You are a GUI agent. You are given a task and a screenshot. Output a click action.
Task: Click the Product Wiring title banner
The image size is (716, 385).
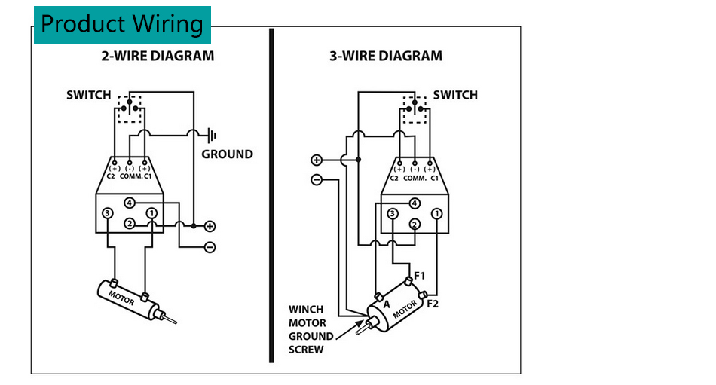pyautogui.click(x=122, y=24)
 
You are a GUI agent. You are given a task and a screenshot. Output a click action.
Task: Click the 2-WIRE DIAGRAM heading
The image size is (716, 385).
pyautogui.click(x=158, y=56)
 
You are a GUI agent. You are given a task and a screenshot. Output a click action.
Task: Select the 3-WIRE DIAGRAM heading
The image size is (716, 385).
pyautogui.click(x=386, y=56)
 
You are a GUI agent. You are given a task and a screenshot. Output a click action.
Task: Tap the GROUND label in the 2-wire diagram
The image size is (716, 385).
pyautogui.click(x=227, y=154)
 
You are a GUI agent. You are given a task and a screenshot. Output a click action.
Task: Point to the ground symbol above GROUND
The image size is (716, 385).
pyautogui.click(x=212, y=136)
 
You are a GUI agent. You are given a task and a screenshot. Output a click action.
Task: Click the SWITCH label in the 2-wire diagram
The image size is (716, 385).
pyautogui.click(x=88, y=95)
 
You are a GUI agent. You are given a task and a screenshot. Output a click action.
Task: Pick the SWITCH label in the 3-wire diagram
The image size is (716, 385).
pyautogui.click(x=455, y=95)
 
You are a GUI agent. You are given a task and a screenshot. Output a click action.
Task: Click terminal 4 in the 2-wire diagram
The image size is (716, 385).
pyautogui.click(x=130, y=203)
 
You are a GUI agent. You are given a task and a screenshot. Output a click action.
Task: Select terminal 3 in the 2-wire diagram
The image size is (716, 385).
pyautogui.click(x=108, y=214)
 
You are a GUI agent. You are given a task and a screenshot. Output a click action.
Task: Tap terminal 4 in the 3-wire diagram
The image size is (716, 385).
pyautogui.click(x=414, y=203)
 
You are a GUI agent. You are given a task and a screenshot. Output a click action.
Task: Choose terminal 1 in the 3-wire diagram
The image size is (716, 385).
pyautogui.click(x=436, y=214)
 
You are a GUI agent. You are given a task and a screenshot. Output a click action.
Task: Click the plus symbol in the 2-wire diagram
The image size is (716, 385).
pyautogui.click(x=210, y=225)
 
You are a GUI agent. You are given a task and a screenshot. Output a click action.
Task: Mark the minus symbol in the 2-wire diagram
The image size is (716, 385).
pyautogui.click(x=210, y=246)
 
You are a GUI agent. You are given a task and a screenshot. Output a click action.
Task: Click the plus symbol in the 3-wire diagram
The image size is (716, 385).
pyautogui.click(x=317, y=160)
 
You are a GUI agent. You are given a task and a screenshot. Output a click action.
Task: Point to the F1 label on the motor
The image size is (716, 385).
pyautogui.click(x=420, y=276)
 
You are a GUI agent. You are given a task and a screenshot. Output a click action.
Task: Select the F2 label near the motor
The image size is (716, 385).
pyautogui.click(x=433, y=304)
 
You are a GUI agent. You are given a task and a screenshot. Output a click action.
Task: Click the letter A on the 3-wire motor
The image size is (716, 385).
pyautogui.click(x=386, y=304)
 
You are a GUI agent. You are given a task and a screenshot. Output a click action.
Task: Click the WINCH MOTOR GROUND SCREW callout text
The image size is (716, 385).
pyautogui.click(x=311, y=329)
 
